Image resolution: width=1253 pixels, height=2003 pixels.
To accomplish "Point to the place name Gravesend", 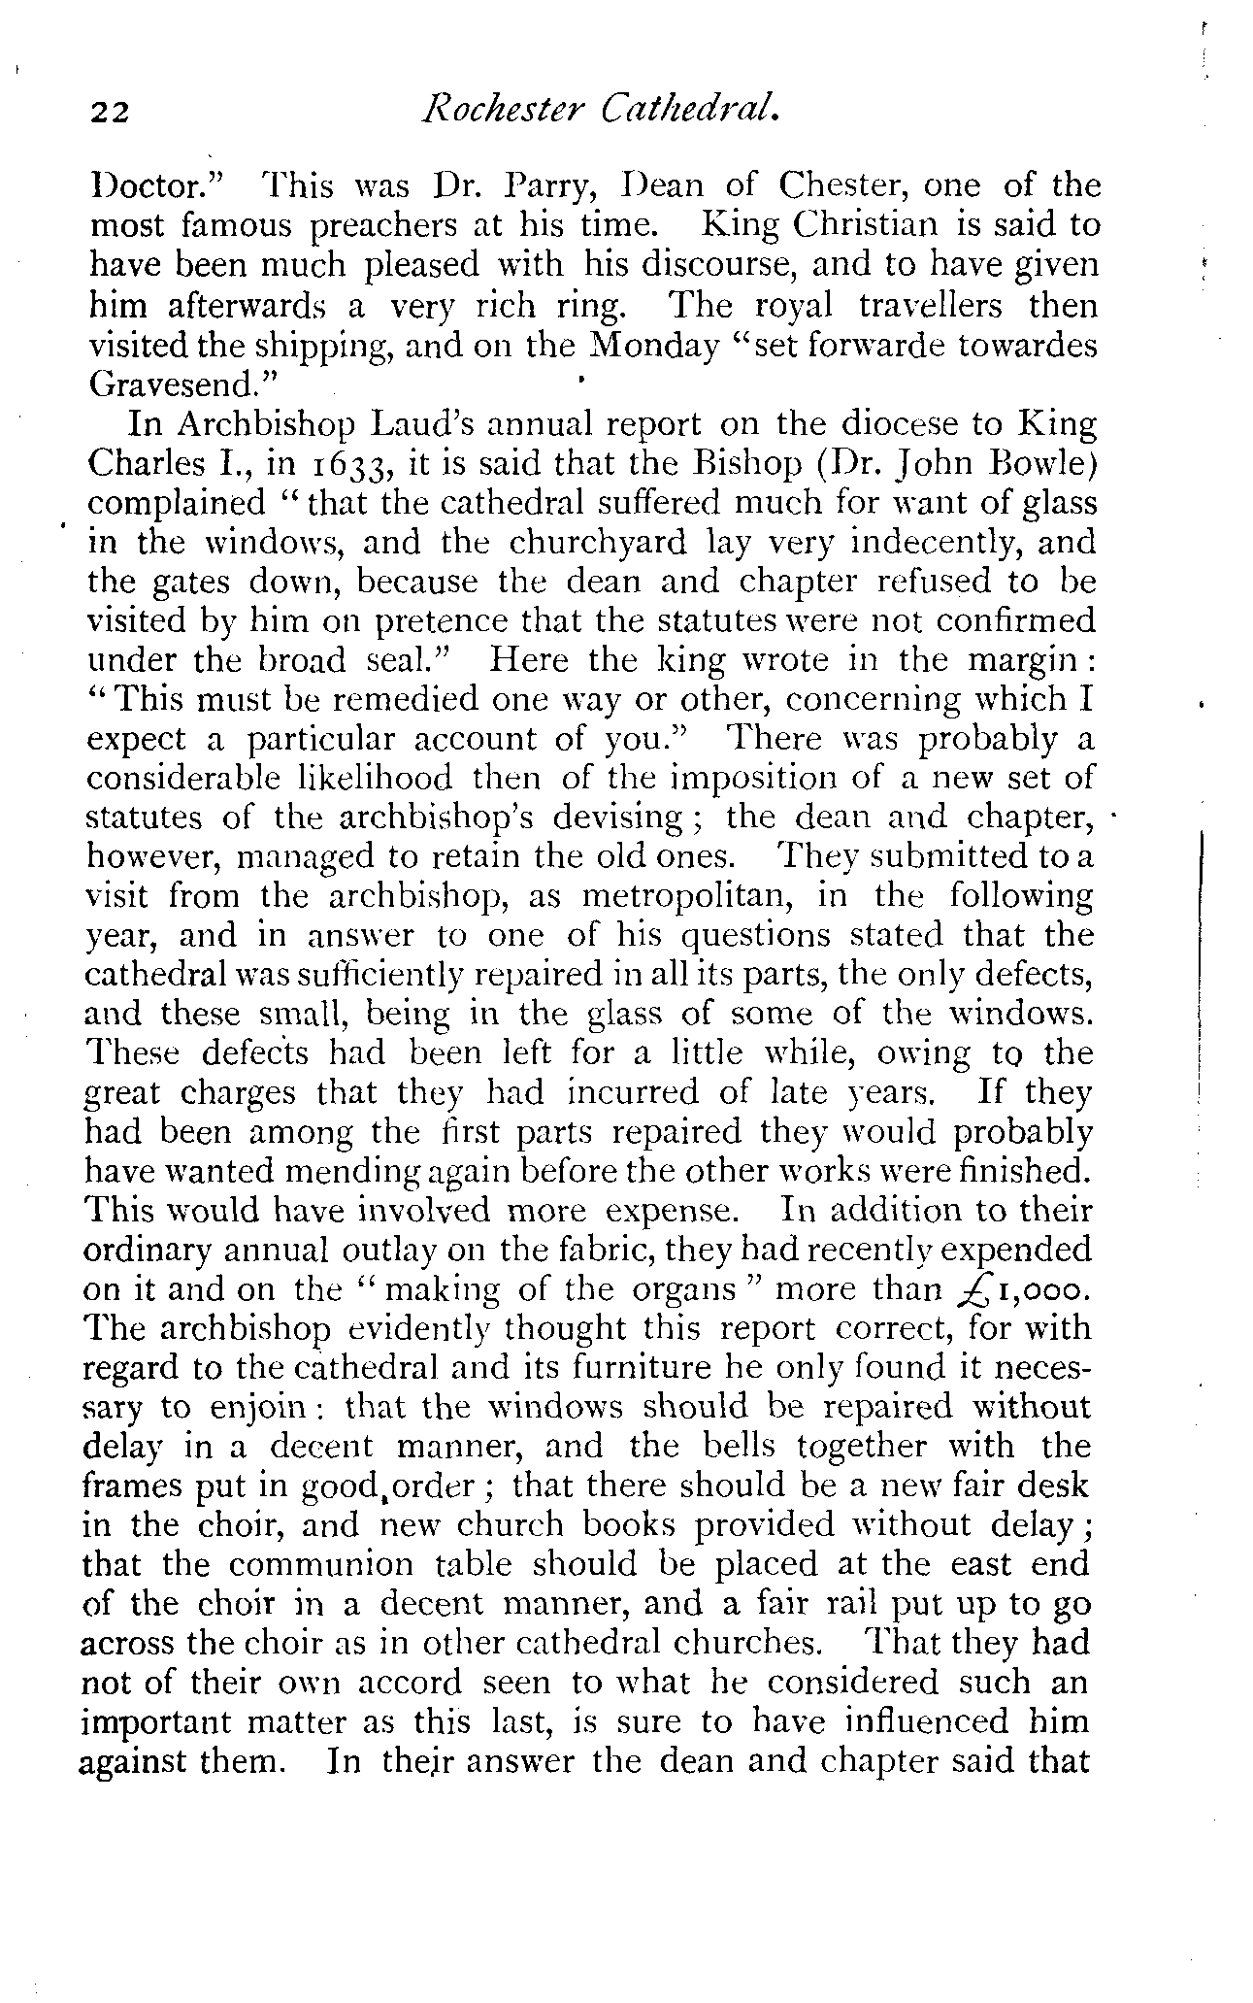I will click(x=174, y=385).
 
